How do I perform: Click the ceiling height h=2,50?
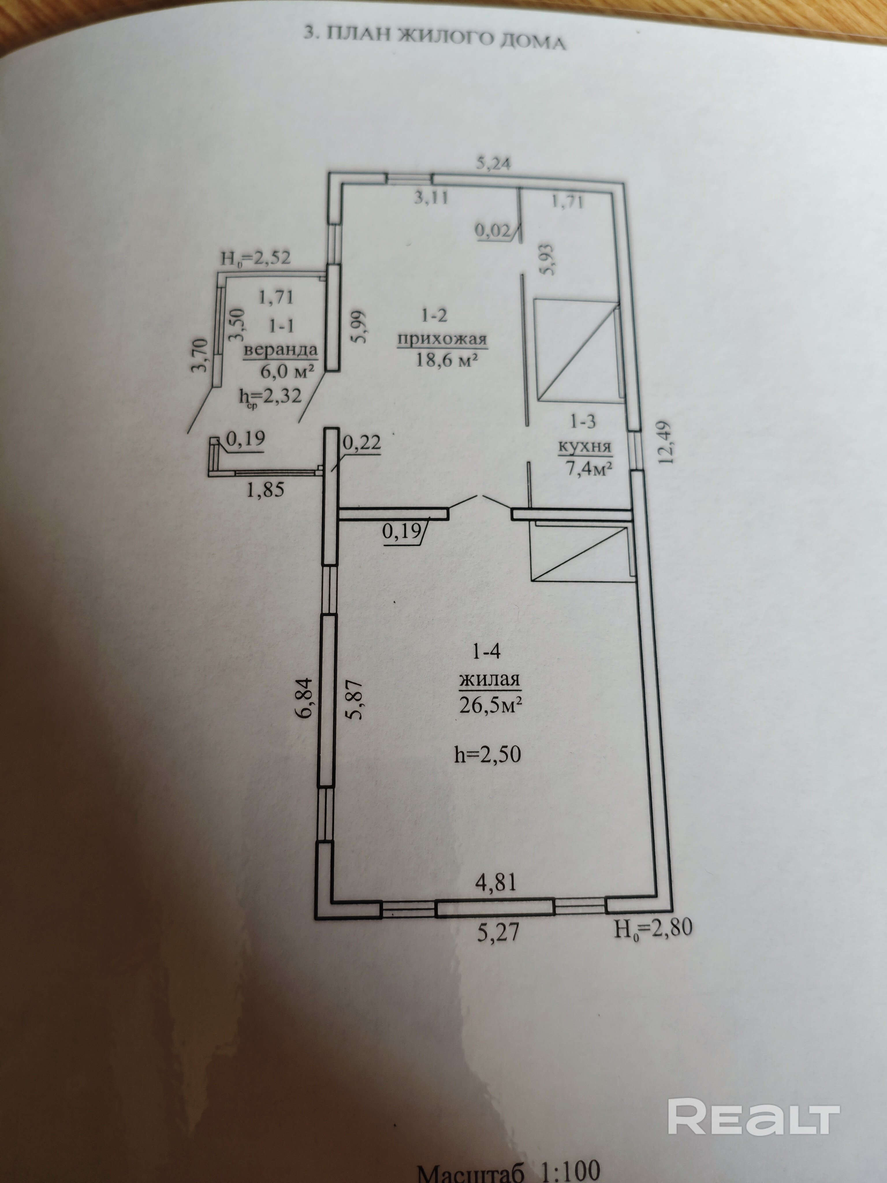(487, 755)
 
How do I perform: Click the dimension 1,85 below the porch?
(266, 489)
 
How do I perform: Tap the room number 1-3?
(583, 421)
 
